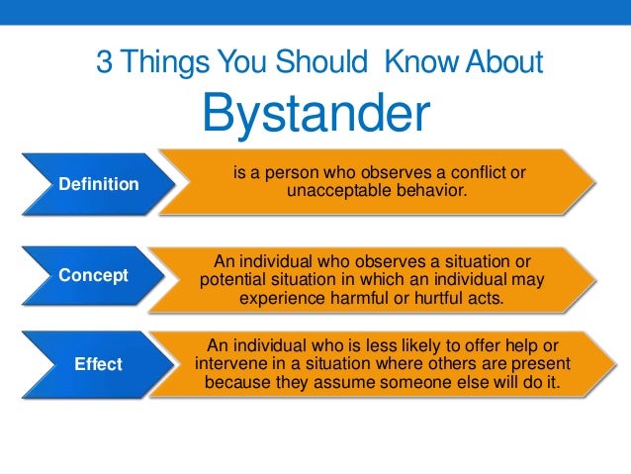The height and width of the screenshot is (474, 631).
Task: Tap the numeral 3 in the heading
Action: (103, 62)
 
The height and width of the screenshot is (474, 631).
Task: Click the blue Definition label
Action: (99, 183)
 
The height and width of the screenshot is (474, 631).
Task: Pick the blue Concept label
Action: (94, 275)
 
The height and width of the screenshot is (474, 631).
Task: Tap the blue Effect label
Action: (99, 364)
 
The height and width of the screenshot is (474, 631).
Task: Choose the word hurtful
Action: (449, 297)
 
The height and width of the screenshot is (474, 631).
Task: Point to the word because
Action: (239, 381)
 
